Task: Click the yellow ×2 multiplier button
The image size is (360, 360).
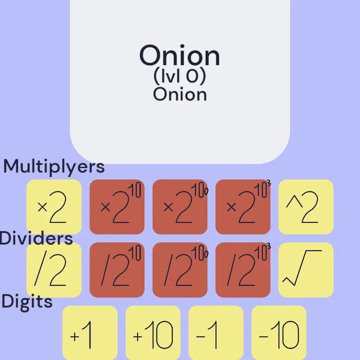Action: point(54,207)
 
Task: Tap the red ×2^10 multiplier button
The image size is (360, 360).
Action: point(117,207)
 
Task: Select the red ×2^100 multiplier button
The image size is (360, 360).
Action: point(180,207)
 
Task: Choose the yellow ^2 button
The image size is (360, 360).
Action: point(306,207)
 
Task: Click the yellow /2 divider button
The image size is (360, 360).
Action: point(54,270)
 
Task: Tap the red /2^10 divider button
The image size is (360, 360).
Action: point(117,270)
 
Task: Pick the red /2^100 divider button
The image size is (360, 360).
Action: point(180,270)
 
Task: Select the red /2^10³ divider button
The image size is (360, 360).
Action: point(243,270)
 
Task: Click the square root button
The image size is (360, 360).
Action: point(306,270)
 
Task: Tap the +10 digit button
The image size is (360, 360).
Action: point(153,333)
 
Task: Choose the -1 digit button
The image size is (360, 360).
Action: point(216,333)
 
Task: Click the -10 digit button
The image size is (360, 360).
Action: point(279,333)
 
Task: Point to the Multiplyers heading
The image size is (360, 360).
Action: point(54,166)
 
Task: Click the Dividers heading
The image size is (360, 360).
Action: point(36,238)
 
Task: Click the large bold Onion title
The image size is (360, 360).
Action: point(180,55)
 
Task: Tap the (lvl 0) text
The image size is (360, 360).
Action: point(180,76)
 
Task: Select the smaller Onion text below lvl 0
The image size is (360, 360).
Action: point(180,94)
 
